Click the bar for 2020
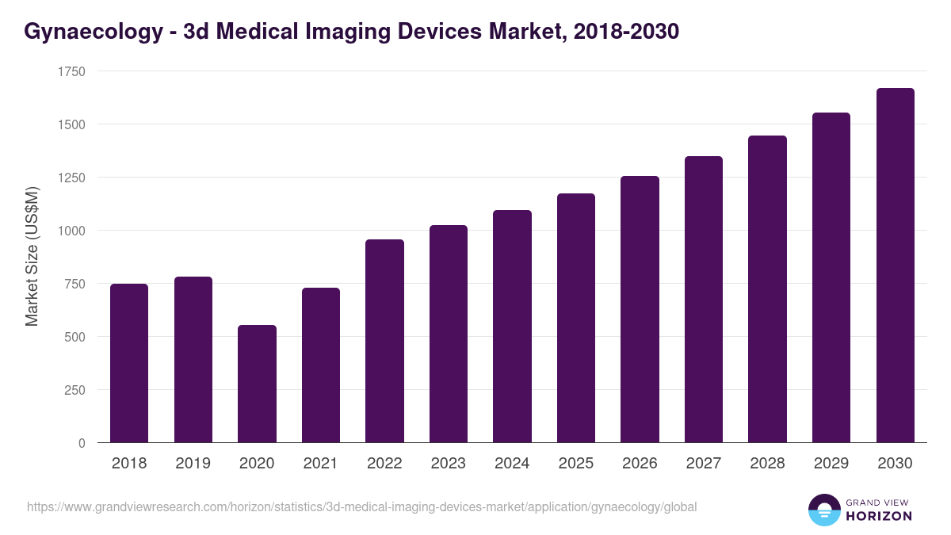[257, 384]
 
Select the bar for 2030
[895, 266]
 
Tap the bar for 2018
[129, 363]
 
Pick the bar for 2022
[384, 341]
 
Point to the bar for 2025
[576, 318]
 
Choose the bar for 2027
[704, 300]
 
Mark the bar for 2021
[321, 365]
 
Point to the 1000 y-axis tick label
[71, 231]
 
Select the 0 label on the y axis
[82, 443]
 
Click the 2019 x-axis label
[193, 464]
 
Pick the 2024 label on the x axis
[512, 464]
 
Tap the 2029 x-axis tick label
[831, 464]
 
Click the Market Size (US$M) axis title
[32, 257]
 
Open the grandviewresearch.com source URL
[362, 506]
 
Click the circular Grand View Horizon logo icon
[824, 510]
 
